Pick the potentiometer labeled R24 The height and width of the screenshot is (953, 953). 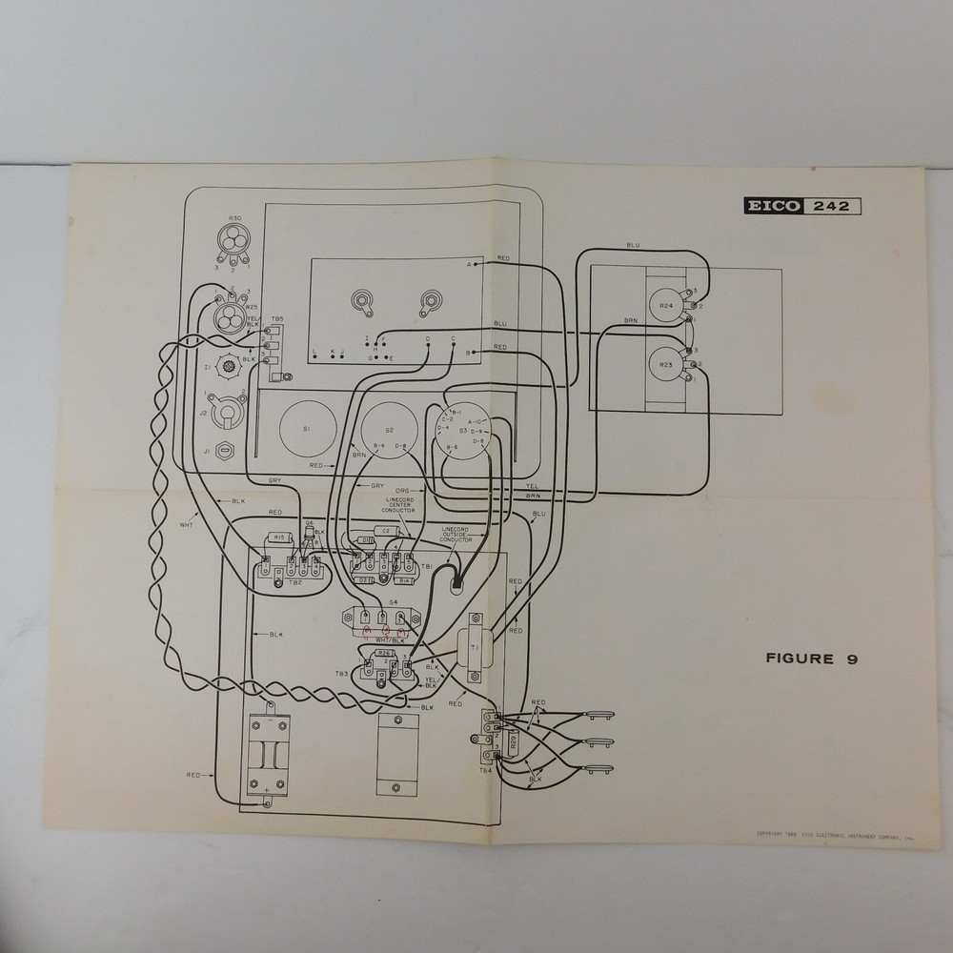pyautogui.click(x=666, y=305)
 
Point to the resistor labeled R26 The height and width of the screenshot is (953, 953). pyautogui.click(x=384, y=655)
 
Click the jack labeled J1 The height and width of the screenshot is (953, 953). pyautogui.click(x=225, y=451)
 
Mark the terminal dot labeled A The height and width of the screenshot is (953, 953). pyautogui.click(x=474, y=264)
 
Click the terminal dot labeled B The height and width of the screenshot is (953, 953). pyautogui.click(x=474, y=354)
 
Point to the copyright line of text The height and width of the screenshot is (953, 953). pyautogui.click(x=835, y=834)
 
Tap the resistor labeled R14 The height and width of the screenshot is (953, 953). pyautogui.click(x=405, y=578)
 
